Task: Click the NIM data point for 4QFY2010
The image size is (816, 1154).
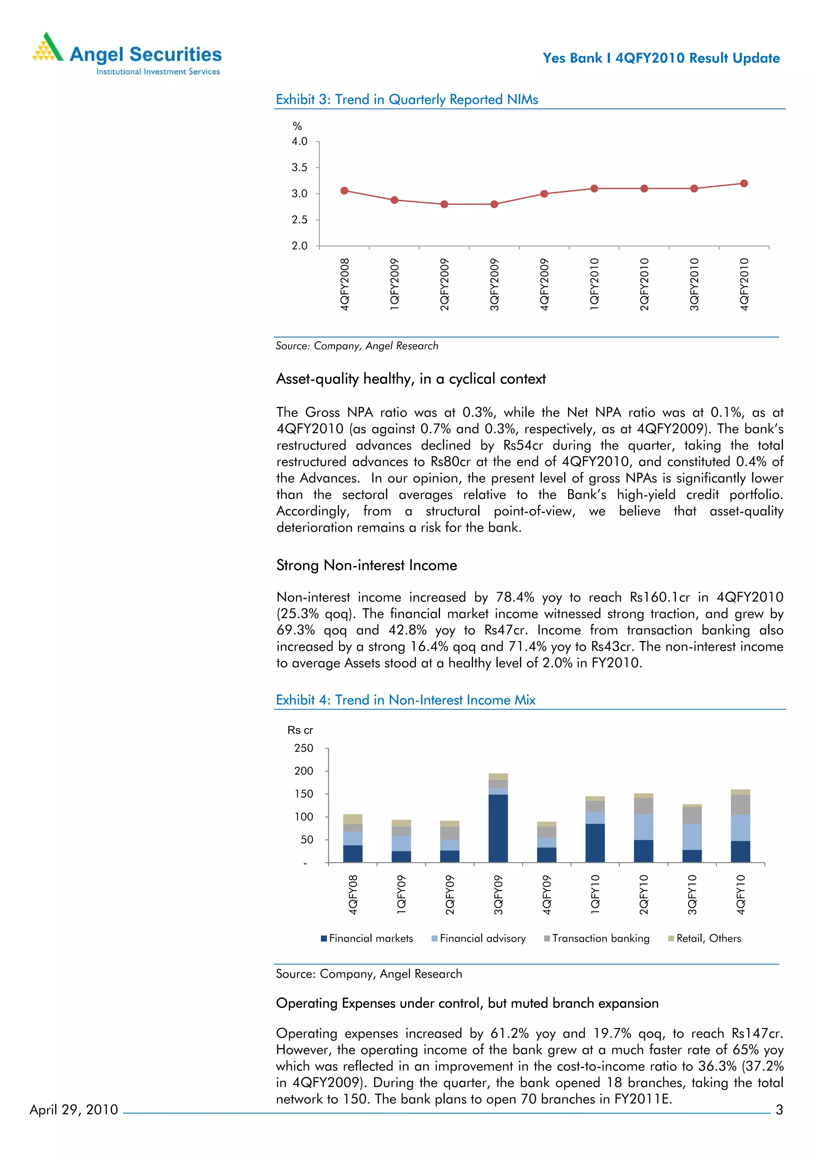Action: pyautogui.click(x=743, y=184)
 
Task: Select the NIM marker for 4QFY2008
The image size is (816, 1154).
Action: pyautogui.click(x=344, y=190)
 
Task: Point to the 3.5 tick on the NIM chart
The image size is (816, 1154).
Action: pyautogui.click(x=300, y=167)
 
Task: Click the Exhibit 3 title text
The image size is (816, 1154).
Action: pyautogui.click(x=407, y=100)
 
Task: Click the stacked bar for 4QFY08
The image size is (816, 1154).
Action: pyautogui.click(x=353, y=838)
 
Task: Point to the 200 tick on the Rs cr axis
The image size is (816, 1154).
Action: pyautogui.click(x=304, y=771)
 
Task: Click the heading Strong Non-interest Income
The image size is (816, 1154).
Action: pyautogui.click(x=367, y=565)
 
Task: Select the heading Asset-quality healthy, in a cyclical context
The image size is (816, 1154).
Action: pyautogui.click(x=411, y=379)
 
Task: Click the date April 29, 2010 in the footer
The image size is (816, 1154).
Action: pyautogui.click(x=74, y=1109)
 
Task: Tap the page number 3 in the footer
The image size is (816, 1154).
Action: pyautogui.click(x=779, y=1110)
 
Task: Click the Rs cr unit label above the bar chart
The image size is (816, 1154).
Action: pyautogui.click(x=300, y=730)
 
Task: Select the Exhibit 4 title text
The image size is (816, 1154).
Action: pyautogui.click(x=405, y=700)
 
